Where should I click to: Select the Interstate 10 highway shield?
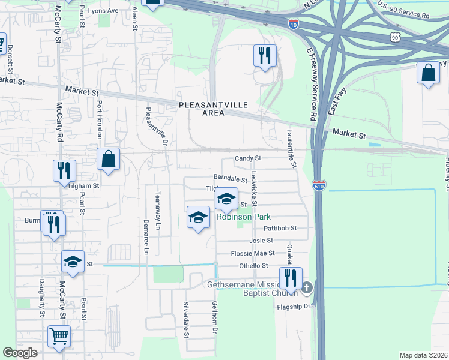[293, 24]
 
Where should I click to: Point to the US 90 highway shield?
[394, 37]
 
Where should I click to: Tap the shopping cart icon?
[59, 338]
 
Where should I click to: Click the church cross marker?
[307, 288]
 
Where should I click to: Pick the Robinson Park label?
[244, 217]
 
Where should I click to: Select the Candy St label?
[248, 158]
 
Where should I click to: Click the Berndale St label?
[231, 179]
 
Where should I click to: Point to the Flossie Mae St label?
[253, 253]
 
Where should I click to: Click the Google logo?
[20, 353]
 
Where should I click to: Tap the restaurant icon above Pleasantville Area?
[265, 56]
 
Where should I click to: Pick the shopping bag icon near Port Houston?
[108, 160]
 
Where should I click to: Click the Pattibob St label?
[280, 229]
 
